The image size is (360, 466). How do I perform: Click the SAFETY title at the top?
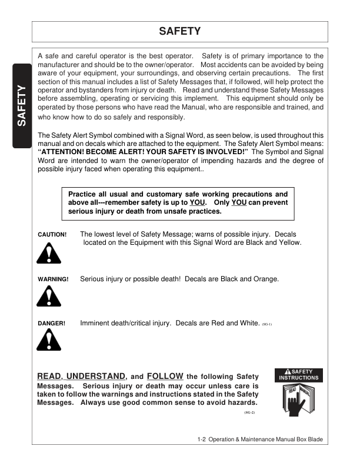(x=180, y=31)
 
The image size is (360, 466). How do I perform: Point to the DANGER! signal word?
(x=52, y=324)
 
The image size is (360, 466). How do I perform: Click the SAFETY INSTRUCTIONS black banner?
(x=298, y=375)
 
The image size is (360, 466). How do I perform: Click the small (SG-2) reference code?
(x=249, y=413)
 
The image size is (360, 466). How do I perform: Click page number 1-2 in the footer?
(x=204, y=440)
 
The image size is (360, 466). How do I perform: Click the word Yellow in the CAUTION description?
(x=289, y=242)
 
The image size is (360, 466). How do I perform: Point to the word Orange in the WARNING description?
(x=265, y=279)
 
